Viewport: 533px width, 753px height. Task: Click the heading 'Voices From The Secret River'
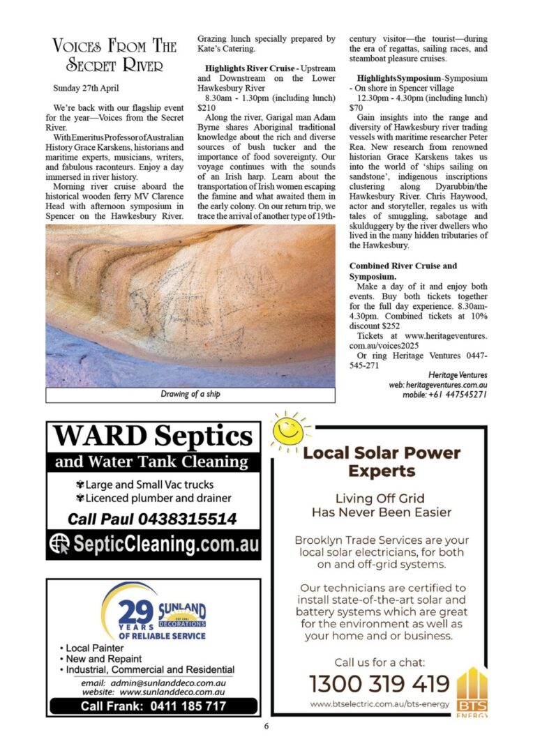pos(114,56)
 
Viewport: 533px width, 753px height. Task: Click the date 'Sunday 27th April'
pos(86,89)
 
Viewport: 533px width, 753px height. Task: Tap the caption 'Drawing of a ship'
pos(190,395)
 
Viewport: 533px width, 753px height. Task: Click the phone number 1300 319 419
pos(380,683)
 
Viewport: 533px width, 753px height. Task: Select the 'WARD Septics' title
pos(153,437)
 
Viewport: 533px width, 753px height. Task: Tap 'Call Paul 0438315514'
pos(152,519)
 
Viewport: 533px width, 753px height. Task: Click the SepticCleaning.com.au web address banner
pos(153,544)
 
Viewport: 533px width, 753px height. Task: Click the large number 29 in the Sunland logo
pos(136,613)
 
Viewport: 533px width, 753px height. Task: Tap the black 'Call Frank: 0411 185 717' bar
pos(153,706)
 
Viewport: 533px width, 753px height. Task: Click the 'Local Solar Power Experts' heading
pos(382,462)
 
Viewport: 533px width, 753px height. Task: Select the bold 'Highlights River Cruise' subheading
pos(250,69)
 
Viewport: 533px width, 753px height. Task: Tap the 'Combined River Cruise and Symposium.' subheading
pos(403,271)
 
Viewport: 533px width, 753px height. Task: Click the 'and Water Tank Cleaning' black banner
pos(152,462)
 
